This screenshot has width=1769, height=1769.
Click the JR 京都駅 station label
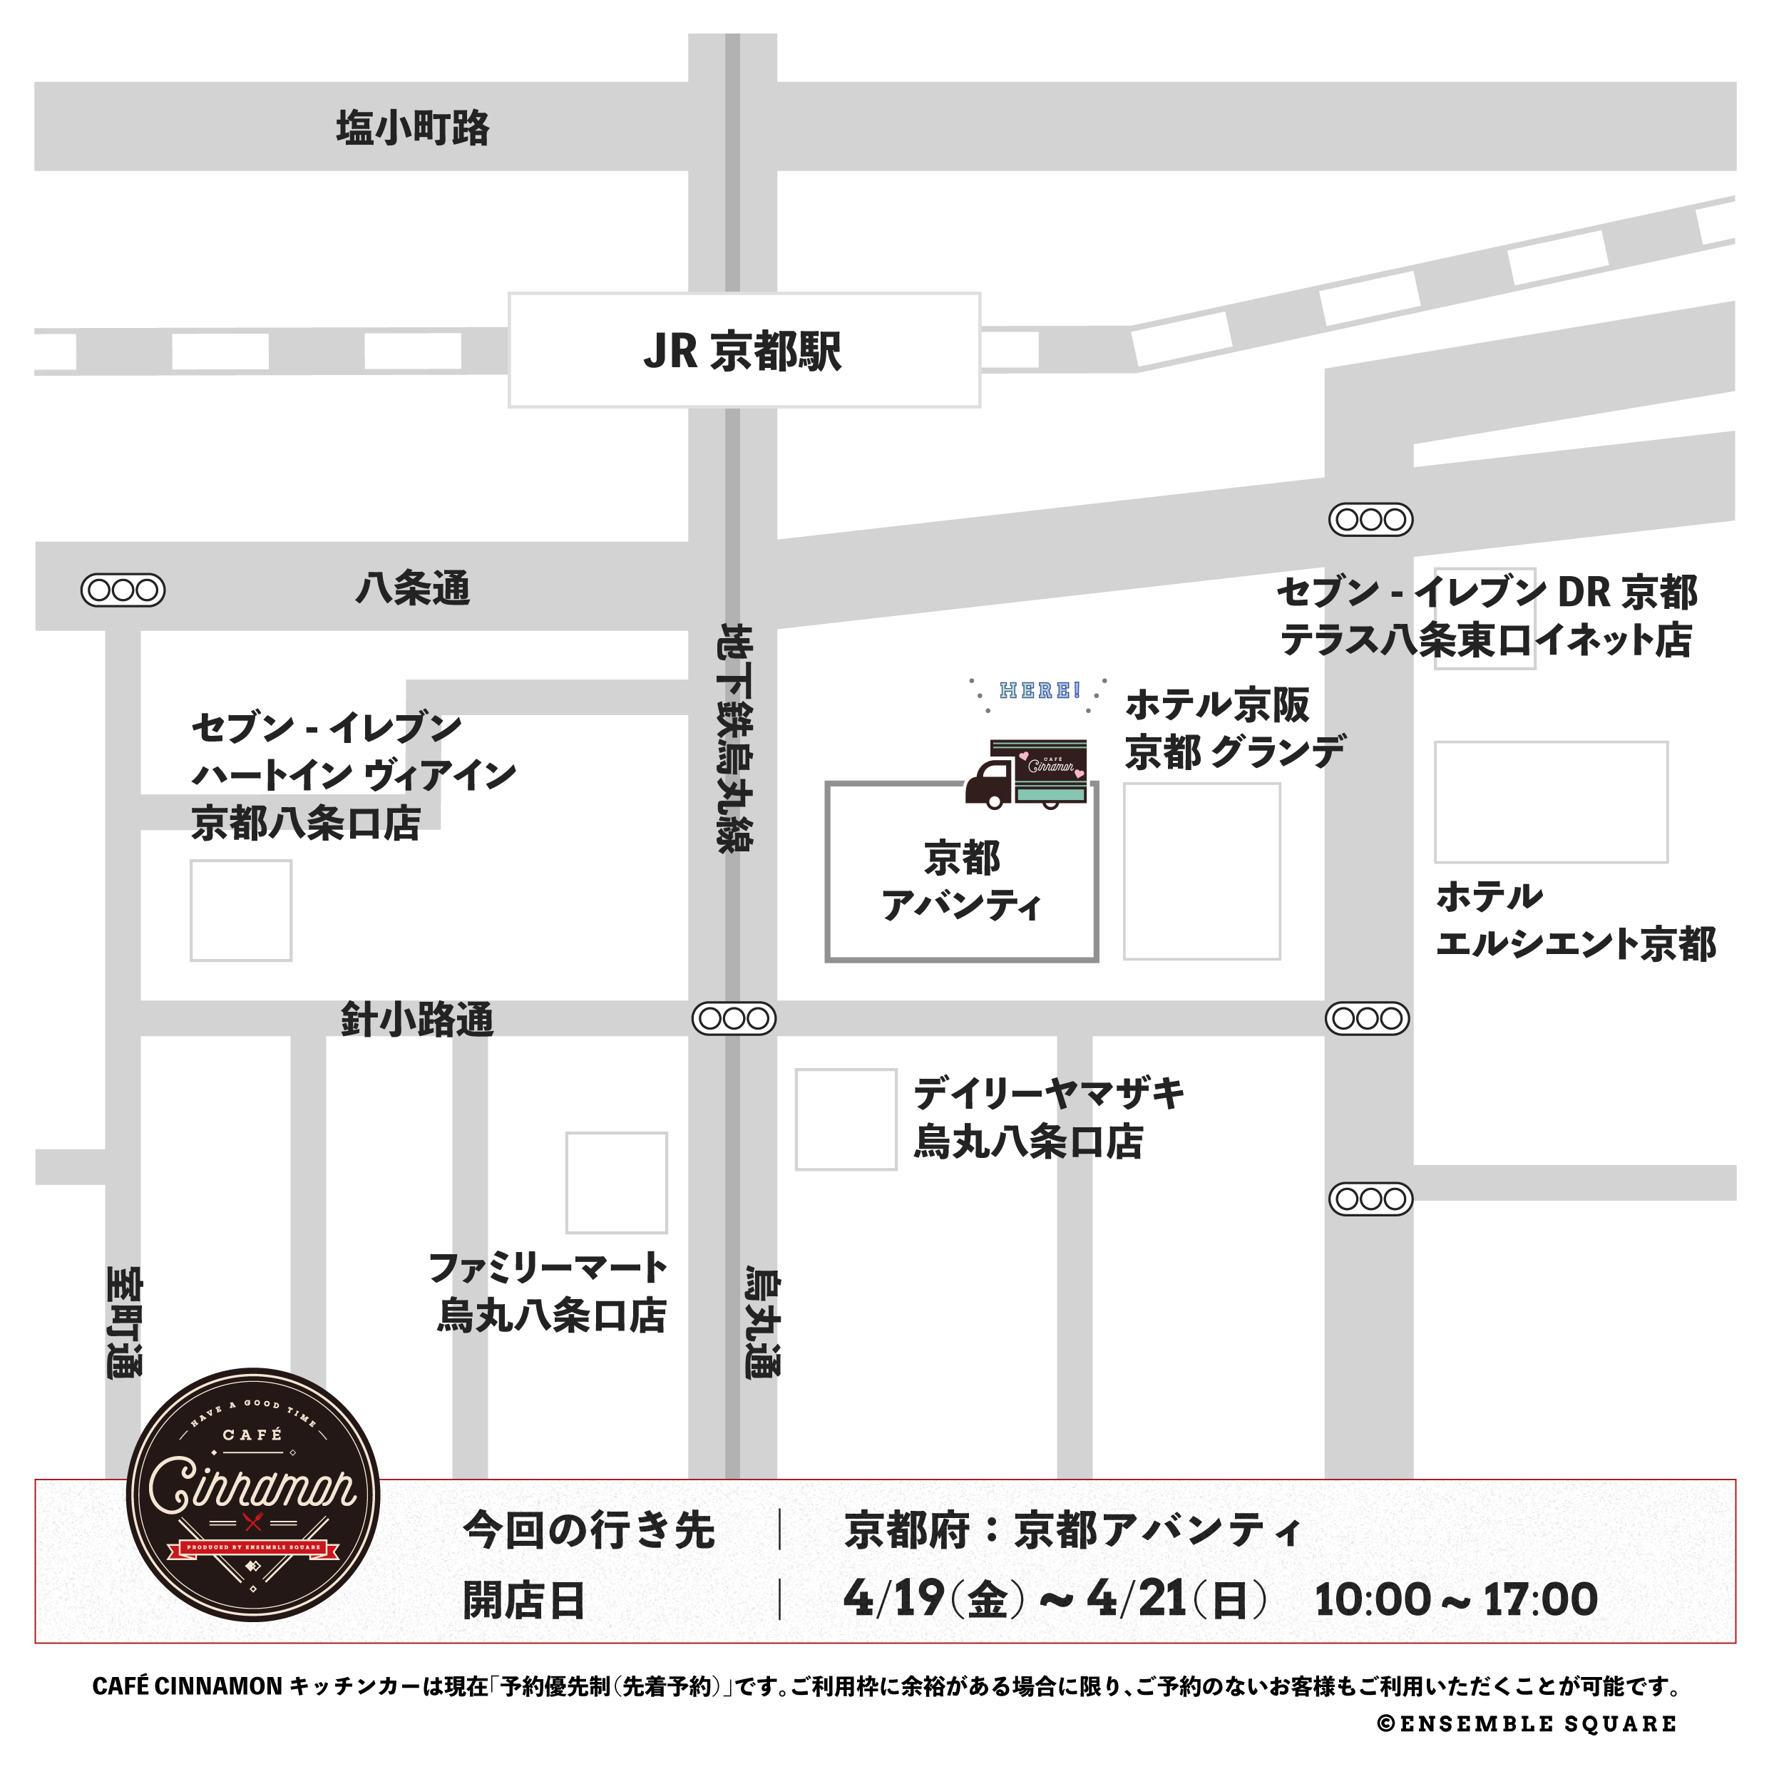tap(742, 351)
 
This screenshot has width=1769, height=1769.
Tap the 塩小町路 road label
tap(412, 127)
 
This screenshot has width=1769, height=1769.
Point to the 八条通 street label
tap(412, 588)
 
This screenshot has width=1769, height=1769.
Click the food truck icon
tap(1027, 773)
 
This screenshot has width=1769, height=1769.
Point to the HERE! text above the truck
tap(1040, 690)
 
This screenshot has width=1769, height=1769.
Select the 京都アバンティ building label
tap(961, 881)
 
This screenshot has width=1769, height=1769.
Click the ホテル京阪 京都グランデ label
tap(1234, 729)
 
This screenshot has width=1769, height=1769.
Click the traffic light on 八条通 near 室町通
tap(123, 590)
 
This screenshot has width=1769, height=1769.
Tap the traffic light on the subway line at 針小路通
tap(734, 1018)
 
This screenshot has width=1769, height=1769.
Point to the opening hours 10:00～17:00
tap(1456, 1599)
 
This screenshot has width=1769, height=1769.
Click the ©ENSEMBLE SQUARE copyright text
tap(1527, 1724)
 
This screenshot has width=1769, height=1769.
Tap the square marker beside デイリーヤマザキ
tap(845, 1119)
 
